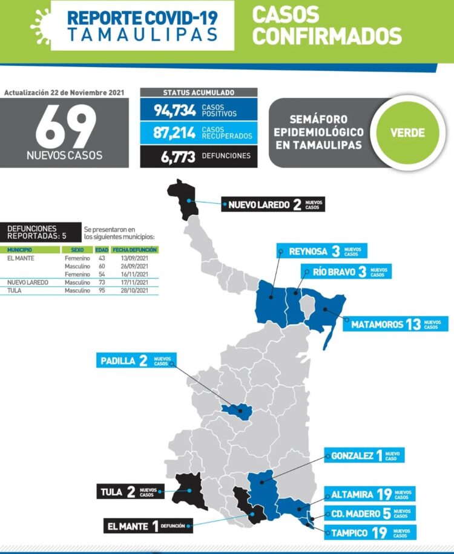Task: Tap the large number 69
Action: [x=65, y=128]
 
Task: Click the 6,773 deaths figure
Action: [x=178, y=156]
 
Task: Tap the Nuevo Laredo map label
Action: [x=272, y=204]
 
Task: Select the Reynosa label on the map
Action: [x=321, y=251]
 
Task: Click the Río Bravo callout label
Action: [x=346, y=272]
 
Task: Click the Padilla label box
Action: [x=134, y=361]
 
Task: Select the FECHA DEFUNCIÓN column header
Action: [x=134, y=250]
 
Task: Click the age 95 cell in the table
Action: [x=101, y=290]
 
